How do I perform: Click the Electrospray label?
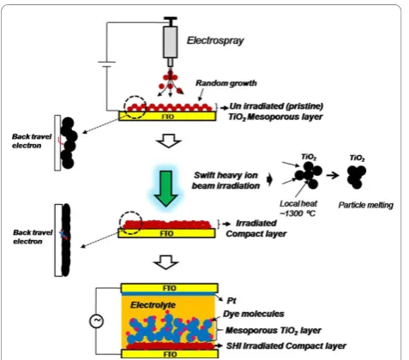tap(215, 40)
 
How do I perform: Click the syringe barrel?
tap(171, 42)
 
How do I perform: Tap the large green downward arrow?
tap(165, 189)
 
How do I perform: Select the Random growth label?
tap(226, 83)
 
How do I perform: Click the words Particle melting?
tap(365, 205)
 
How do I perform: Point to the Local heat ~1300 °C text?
tap(298, 208)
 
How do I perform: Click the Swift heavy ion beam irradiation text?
tap(226, 180)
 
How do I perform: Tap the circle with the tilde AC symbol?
tap(97, 321)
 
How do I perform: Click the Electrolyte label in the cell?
tap(153, 305)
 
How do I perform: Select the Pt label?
tap(232, 301)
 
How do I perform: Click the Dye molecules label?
tap(254, 314)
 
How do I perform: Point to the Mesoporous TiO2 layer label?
tap(274, 331)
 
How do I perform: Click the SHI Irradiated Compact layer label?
tap(286, 346)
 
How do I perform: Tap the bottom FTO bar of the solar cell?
tap(170, 354)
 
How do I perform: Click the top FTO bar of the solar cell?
tap(170, 288)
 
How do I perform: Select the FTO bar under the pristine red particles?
tap(167, 117)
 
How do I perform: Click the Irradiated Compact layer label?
tap(256, 228)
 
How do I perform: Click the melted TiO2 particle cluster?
tap(356, 177)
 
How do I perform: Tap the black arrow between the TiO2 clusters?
tap(333, 175)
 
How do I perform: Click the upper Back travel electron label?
tap(32, 141)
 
